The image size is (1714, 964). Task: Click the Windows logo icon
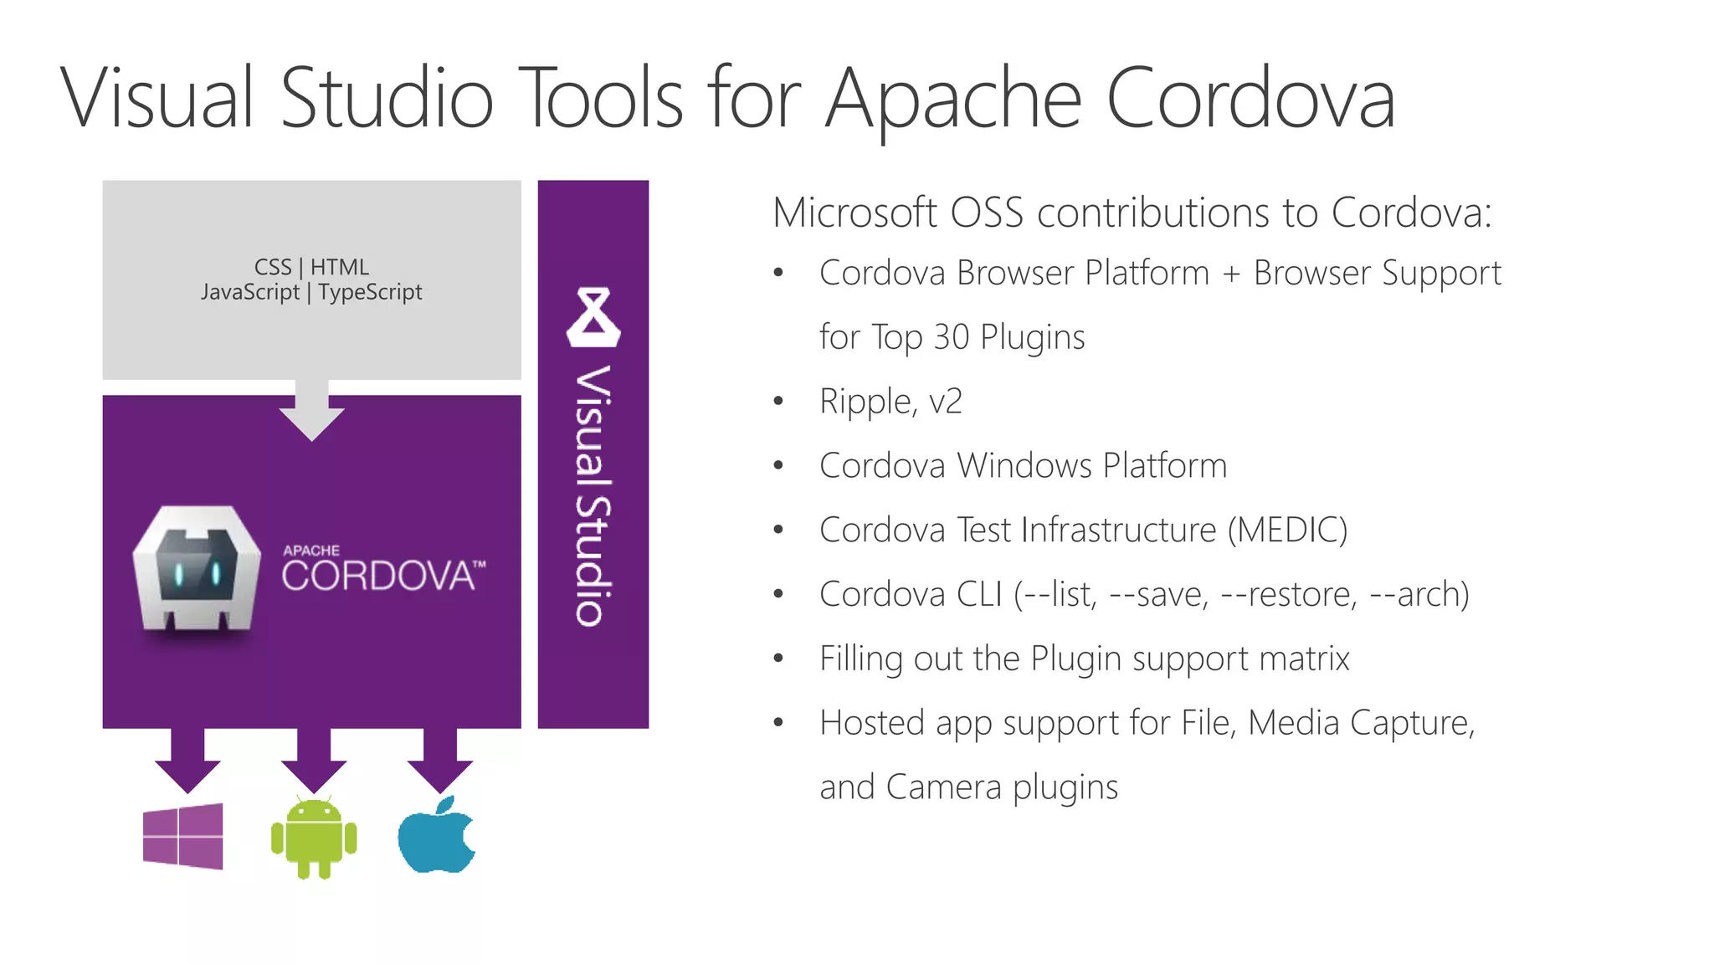pos(183,836)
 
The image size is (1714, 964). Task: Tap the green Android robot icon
pos(314,838)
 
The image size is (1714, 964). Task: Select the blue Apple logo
pos(437,836)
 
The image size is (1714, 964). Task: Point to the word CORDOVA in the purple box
pos(378,577)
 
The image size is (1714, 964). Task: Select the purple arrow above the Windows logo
pos(187,760)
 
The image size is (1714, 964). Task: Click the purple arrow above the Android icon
pos(314,760)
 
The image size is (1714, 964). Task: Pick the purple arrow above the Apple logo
pos(440,760)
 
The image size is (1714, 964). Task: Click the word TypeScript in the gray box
pos(370,292)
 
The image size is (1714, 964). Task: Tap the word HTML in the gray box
pos(339,267)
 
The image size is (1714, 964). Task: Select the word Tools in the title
pos(601,99)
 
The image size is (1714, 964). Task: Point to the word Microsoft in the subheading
pos(854,213)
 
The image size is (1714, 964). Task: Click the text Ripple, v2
pos(890,402)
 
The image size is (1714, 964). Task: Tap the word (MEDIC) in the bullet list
pos(1287,531)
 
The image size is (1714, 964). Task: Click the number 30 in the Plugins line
pos(951,337)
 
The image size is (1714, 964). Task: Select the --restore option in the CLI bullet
pos(1289,595)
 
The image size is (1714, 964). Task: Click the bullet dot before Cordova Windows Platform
pos(778,466)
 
